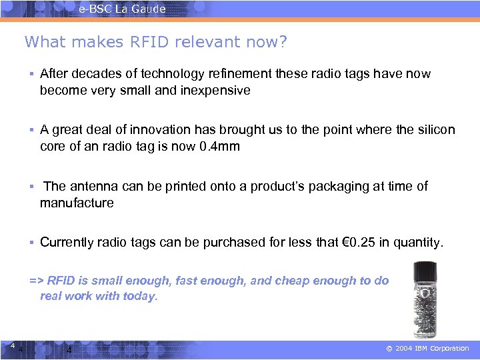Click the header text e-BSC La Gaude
point(122,9)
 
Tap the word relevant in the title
point(202,43)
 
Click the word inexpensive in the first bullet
point(215,90)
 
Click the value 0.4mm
point(219,147)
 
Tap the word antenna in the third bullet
point(93,187)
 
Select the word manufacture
point(77,203)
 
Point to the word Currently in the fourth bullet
point(67,243)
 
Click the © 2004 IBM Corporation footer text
point(429,349)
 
